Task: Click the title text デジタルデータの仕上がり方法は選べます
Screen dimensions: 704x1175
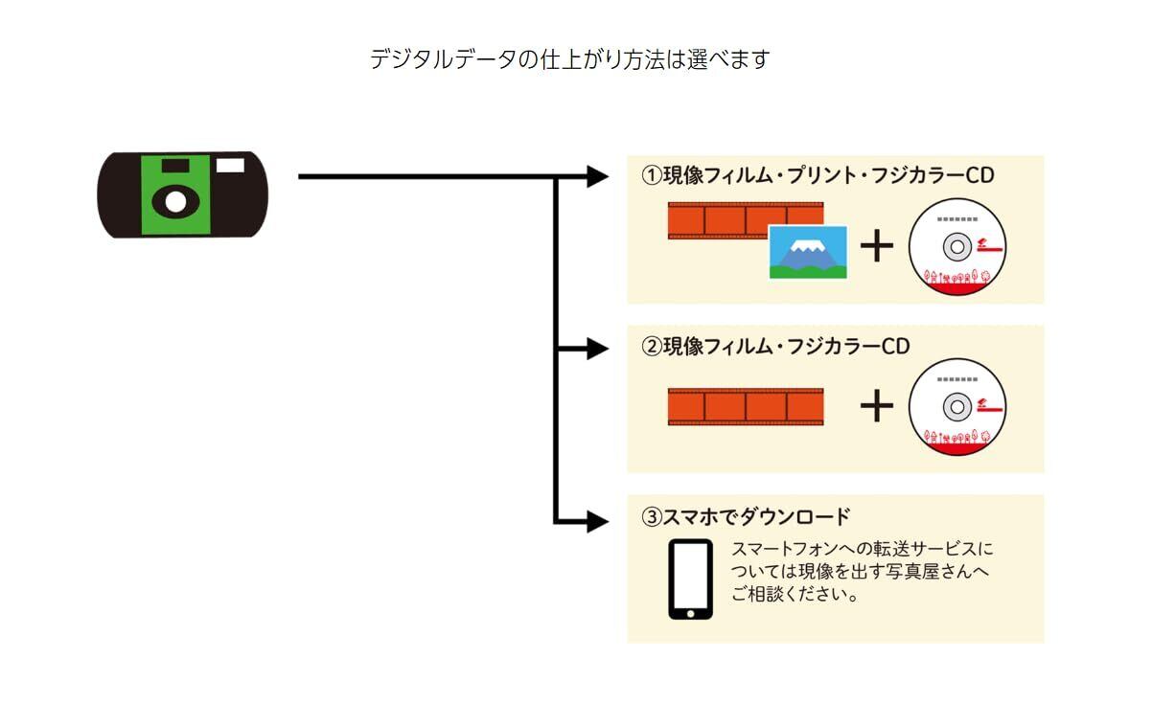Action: pos(569,59)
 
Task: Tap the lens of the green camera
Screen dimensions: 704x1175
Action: pos(174,201)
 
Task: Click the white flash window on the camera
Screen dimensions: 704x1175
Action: pos(230,166)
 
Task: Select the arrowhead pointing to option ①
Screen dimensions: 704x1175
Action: pos(597,176)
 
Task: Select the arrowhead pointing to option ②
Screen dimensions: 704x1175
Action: pos(597,349)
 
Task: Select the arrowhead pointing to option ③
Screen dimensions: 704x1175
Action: pos(597,522)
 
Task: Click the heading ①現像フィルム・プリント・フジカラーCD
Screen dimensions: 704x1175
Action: pos(818,175)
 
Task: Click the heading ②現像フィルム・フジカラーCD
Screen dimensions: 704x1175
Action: pos(775,347)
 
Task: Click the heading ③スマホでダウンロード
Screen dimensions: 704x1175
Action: pos(746,517)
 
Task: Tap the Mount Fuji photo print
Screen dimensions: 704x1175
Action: pos(808,252)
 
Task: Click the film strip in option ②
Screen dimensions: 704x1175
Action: pos(745,406)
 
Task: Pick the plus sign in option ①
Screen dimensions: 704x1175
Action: pos(876,246)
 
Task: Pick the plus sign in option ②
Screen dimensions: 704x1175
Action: pos(876,406)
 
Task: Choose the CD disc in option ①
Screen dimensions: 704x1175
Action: pos(956,246)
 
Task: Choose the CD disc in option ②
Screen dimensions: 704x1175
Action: pos(956,406)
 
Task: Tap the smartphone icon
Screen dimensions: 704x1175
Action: pos(690,579)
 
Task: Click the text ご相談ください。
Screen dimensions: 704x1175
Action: pos(794,594)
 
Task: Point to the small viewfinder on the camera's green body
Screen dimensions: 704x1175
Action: pos(174,167)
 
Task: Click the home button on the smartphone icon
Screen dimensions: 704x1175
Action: pos(690,611)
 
